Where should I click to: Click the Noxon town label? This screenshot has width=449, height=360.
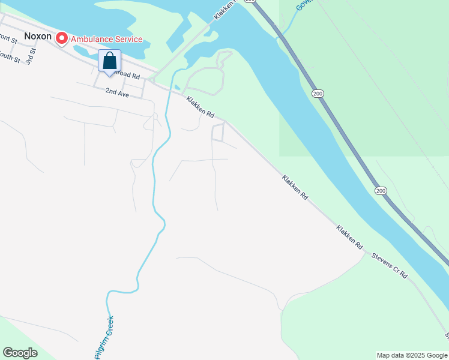[38, 36]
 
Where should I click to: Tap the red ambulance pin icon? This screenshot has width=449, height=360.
[61, 39]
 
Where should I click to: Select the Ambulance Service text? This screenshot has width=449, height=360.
[106, 40]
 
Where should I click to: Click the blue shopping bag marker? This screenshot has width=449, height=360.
[109, 61]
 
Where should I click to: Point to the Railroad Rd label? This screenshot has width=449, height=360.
[127, 77]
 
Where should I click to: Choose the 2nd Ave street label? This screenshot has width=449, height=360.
[117, 92]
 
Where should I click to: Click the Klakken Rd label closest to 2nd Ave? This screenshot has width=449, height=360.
[200, 106]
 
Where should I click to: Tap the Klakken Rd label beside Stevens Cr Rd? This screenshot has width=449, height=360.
[350, 237]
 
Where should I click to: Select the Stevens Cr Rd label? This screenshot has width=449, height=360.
[390, 265]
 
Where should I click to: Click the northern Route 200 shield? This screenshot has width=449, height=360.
[318, 94]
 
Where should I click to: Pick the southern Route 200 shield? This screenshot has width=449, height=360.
[381, 191]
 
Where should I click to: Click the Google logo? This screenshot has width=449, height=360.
[20, 353]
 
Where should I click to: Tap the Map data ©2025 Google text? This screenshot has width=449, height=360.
[412, 355]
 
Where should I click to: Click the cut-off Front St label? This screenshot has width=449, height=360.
[8, 38]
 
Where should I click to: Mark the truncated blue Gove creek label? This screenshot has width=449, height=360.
[304, 5]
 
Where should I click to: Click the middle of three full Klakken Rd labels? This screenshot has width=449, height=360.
[295, 187]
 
